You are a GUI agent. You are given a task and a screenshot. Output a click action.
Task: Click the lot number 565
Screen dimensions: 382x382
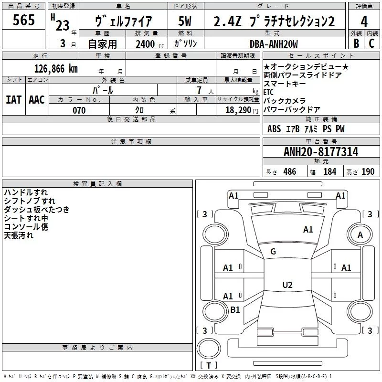coord(23,20)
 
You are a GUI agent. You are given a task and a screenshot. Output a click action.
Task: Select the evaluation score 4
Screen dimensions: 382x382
coord(364,21)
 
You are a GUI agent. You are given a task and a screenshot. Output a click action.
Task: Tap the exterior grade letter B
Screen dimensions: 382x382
coord(356,43)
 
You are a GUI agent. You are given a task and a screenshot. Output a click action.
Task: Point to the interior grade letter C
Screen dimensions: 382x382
coord(371,43)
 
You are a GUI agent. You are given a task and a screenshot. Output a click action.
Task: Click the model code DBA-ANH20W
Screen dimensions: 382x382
coord(274,44)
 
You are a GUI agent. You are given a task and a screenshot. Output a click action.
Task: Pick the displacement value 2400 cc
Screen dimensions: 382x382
coord(146,44)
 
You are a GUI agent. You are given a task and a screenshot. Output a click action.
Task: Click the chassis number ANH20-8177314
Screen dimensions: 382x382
coord(320,152)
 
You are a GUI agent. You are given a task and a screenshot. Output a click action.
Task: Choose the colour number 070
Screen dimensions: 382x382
coord(79,110)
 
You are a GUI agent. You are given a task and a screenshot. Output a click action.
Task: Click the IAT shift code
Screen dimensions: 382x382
coord(13,100)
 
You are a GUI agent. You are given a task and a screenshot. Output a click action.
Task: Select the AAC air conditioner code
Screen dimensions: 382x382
coord(37,100)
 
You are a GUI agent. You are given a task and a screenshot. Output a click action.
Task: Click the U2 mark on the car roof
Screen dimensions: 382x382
coord(287,285)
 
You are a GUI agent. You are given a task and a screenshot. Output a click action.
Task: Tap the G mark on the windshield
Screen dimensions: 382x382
coord(273,252)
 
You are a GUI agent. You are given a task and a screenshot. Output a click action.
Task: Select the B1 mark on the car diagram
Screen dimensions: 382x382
coord(235,310)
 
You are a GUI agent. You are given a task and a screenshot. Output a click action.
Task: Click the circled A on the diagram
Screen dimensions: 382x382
coord(361,234)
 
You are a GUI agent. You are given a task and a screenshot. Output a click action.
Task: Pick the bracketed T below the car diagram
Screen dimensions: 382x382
coord(208,366)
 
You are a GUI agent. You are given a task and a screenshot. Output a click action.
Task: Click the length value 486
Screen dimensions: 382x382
coord(289,172)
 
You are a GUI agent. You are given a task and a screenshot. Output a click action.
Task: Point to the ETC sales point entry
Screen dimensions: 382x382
coord(268,92)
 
